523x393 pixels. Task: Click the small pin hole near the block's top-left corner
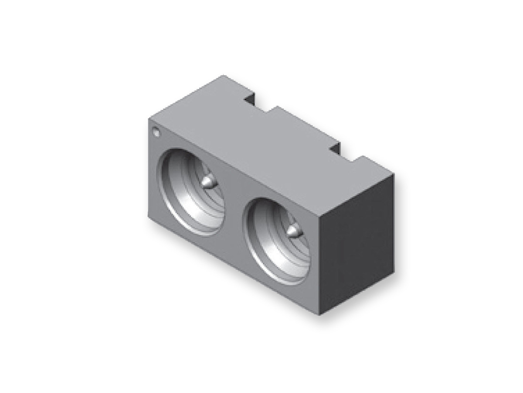point(156,131)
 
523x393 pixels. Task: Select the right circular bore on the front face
point(278,241)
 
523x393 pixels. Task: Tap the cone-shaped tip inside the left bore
point(209,181)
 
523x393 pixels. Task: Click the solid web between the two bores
point(235,214)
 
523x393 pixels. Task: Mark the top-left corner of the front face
point(149,119)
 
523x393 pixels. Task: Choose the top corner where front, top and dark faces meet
point(319,215)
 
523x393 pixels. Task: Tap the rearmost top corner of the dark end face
point(394,174)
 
